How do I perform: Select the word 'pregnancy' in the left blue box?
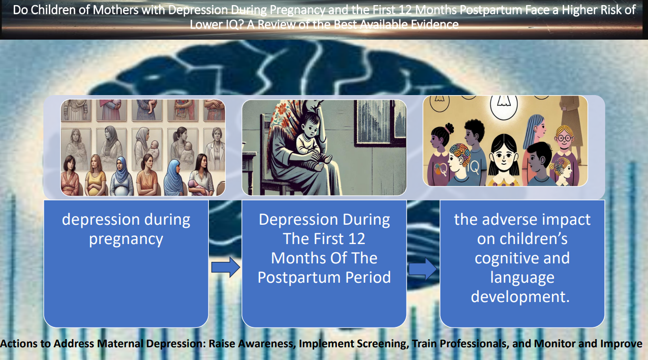coord(126,239)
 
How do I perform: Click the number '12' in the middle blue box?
coord(357,239)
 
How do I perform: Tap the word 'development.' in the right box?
coord(520,297)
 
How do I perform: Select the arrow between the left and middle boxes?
coord(225,267)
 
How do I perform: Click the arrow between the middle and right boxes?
coord(423,269)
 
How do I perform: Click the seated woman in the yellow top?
coord(95,176)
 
